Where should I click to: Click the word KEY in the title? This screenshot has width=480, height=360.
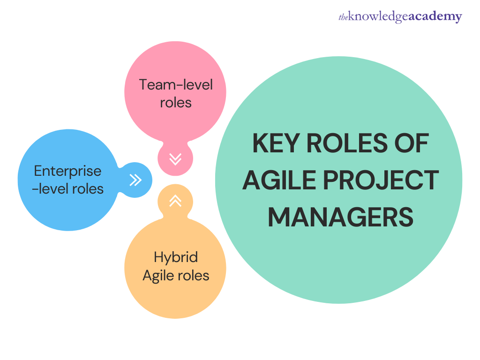[276, 143]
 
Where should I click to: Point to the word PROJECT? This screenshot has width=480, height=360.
[381, 180]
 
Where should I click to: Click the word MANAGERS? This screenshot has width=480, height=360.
[340, 217]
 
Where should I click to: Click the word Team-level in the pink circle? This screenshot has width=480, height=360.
[176, 85]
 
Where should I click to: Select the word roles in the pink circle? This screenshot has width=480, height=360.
[176, 103]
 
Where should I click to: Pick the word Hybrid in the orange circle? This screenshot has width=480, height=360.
[176, 257]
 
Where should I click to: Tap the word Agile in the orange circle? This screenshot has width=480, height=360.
[158, 276]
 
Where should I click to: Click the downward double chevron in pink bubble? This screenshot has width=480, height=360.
[175, 159]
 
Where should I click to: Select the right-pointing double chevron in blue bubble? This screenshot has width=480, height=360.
[135, 180]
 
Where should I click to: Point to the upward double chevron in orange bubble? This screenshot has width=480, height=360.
[175, 201]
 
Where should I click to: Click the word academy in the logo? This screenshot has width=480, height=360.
[435, 16]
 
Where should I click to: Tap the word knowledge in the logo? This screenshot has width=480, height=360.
[378, 16]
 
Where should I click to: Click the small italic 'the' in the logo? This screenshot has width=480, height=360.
[343, 17]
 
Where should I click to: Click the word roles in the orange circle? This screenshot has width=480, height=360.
[193, 276]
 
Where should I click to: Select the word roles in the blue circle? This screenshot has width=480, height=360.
[87, 189]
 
